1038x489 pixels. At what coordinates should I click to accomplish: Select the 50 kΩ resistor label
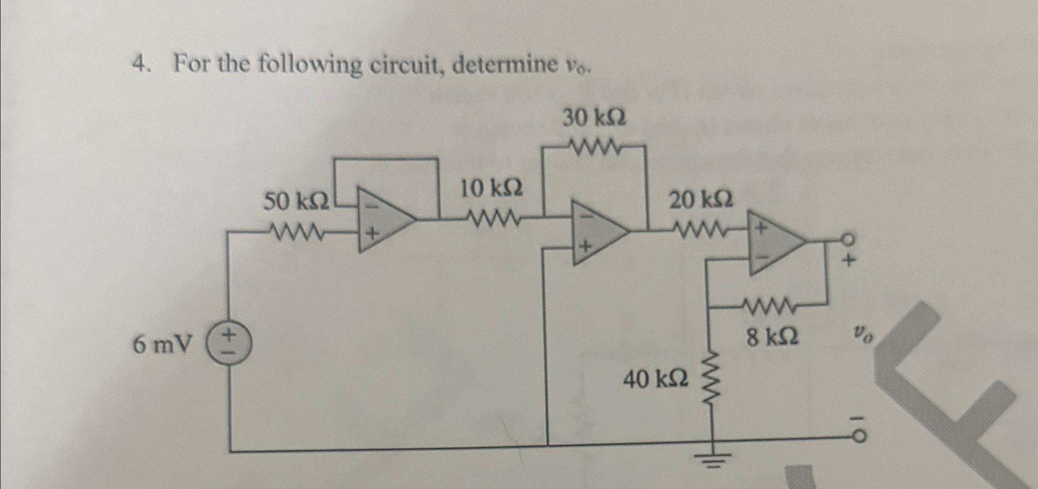point(296,202)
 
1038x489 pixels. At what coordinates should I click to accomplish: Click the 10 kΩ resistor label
point(491,189)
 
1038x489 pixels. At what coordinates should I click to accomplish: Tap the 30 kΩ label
point(594,119)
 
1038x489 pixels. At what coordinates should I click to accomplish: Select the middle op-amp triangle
point(599,232)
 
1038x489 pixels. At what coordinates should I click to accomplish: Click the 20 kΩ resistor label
point(701,201)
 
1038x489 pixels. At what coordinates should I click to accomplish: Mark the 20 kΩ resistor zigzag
point(700,228)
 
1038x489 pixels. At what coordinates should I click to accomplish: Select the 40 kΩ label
point(656,379)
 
